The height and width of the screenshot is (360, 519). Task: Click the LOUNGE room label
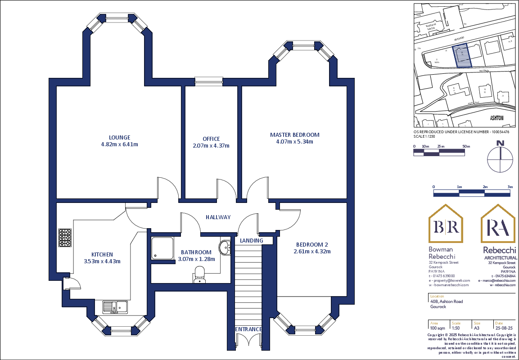pyautogui.click(x=119, y=137)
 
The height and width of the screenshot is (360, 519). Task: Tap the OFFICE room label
pyautogui.click(x=211, y=139)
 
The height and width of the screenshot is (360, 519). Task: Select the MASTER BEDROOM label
pyautogui.click(x=294, y=135)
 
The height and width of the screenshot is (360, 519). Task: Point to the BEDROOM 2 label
pyautogui.click(x=311, y=244)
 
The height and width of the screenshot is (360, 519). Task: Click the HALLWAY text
pyautogui.click(x=218, y=217)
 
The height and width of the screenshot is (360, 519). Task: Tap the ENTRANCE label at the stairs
pyautogui.click(x=248, y=329)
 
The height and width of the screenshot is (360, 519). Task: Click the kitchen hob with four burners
pyautogui.click(x=64, y=238)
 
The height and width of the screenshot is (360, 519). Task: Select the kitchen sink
pyautogui.click(x=114, y=307)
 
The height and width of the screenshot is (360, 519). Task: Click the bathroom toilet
pyautogui.click(x=199, y=274)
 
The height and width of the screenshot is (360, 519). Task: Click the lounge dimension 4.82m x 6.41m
pyautogui.click(x=119, y=144)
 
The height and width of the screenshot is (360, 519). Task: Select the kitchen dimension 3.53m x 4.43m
pyautogui.click(x=102, y=261)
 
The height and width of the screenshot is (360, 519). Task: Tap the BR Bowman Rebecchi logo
pyautogui.click(x=445, y=225)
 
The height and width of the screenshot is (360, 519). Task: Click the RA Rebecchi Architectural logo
pyautogui.click(x=498, y=225)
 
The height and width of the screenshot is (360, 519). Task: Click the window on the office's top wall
pyautogui.click(x=209, y=81)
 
